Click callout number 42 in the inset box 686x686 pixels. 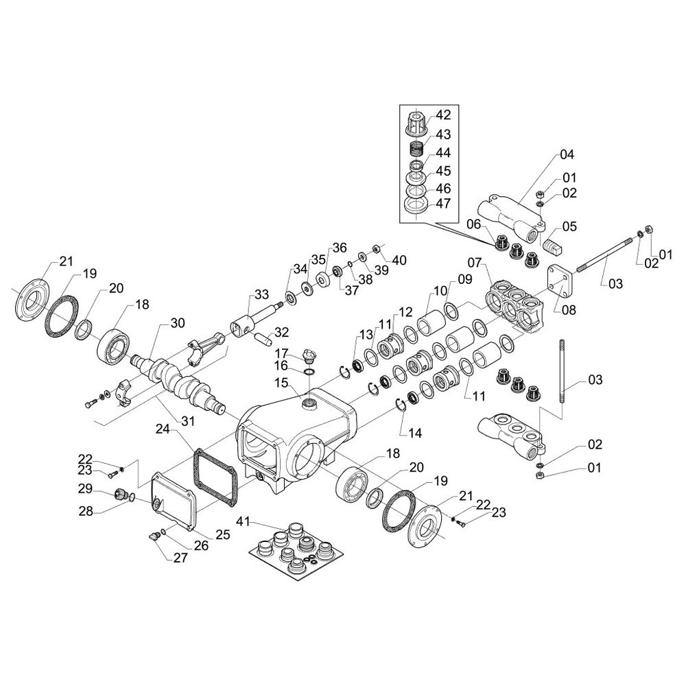[444, 115]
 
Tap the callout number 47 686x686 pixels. [444, 203]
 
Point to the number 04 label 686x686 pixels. [566, 154]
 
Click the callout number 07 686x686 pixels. [476, 262]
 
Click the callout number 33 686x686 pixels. [261, 294]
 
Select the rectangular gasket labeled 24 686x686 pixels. [217, 474]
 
